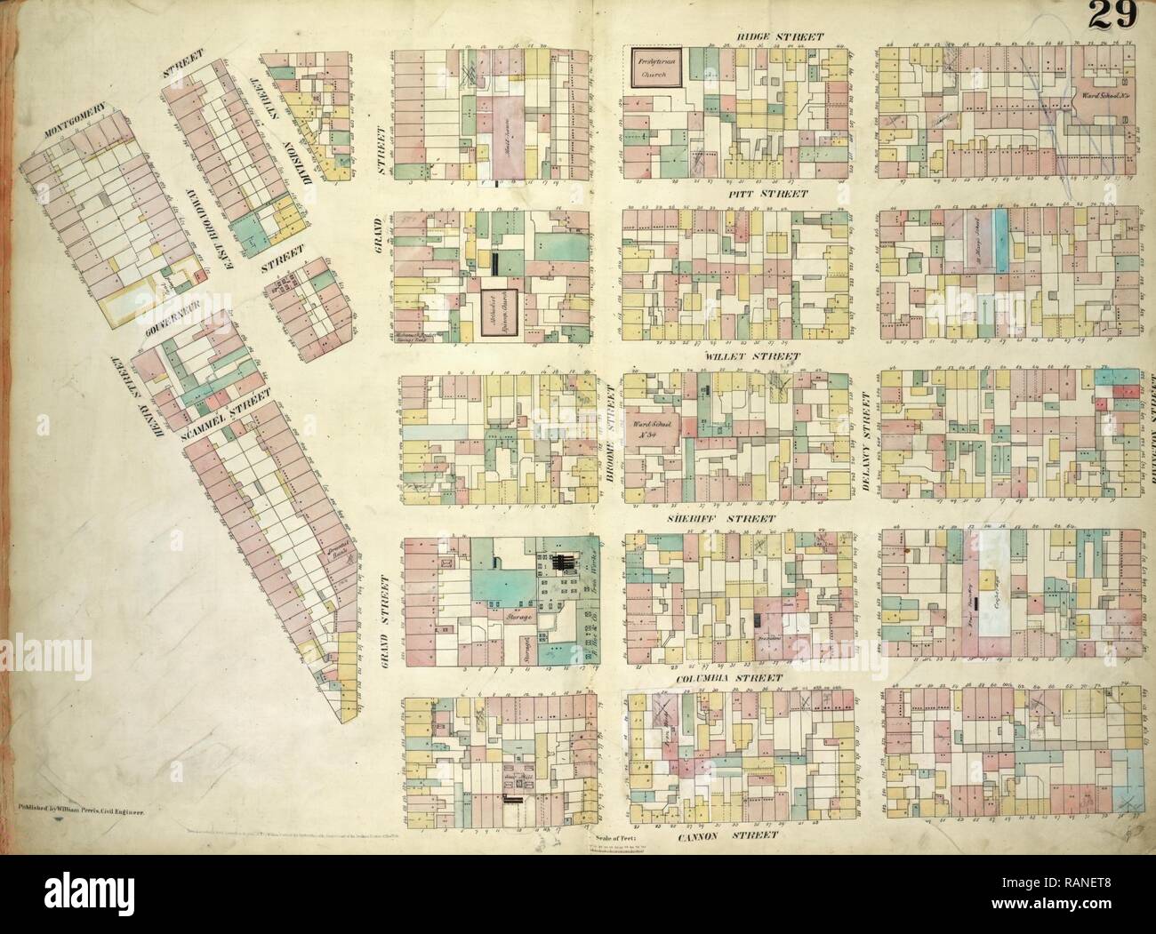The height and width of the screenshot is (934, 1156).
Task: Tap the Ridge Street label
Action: pos(779,36)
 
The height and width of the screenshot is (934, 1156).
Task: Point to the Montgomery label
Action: pos(74,122)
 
